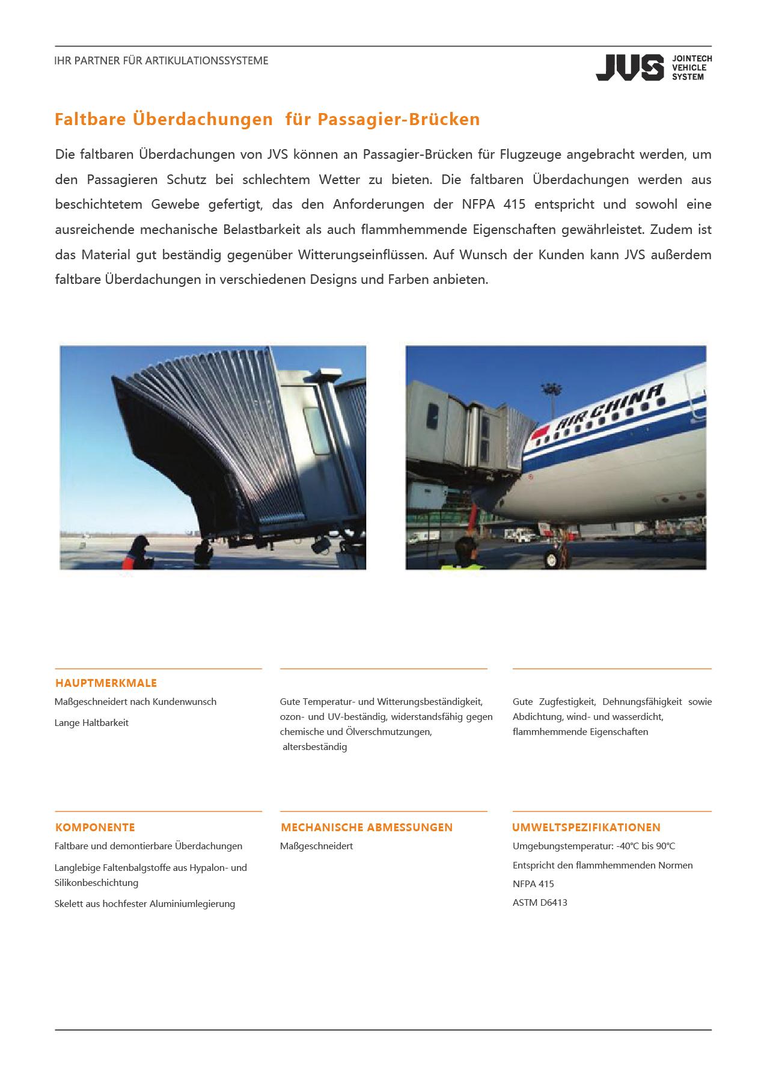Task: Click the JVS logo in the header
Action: tap(653, 67)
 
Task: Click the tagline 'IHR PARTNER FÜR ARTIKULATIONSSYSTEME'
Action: tap(161, 61)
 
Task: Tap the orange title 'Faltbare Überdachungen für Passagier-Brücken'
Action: tap(267, 119)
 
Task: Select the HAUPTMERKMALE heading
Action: tap(106, 683)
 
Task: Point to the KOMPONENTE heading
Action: tap(95, 827)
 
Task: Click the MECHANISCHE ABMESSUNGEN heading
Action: tap(367, 827)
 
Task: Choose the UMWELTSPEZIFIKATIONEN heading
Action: tap(586, 827)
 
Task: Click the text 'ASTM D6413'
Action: tap(540, 902)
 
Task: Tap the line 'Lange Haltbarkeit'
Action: tap(91, 722)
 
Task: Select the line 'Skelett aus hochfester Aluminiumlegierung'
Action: tap(145, 903)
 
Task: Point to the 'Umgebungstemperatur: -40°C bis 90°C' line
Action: tap(594, 846)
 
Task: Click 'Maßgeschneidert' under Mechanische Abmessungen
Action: tap(317, 846)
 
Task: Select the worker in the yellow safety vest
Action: tap(463, 555)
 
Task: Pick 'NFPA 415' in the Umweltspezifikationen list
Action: tap(533, 884)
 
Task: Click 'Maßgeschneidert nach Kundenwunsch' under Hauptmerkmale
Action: tap(135, 701)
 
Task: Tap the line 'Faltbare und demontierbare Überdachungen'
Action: tap(148, 846)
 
